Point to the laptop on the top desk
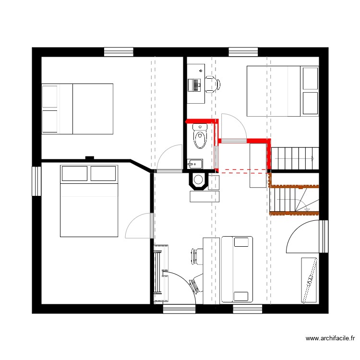pyautogui.click(x=196, y=85)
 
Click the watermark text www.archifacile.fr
pyautogui.click(x=331, y=338)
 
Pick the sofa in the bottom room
pyautogui.click(x=237, y=270)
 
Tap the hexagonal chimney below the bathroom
pyautogui.click(x=197, y=180)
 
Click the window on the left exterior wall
pyautogui.click(x=36, y=181)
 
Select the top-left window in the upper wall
pyautogui.click(x=119, y=52)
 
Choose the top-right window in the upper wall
pyautogui.click(x=243, y=52)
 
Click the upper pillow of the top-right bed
pyautogui.click(x=311, y=78)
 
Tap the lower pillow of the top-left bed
pyautogui.click(x=50, y=121)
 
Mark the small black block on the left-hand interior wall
pyautogui.click(x=89, y=157)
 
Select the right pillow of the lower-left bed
pyautogui.click(x=103, y=173)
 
